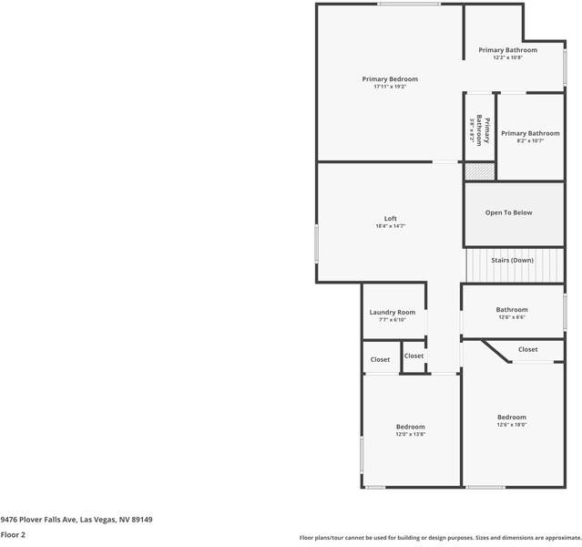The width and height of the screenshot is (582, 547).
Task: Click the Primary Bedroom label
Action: tap(390, 79)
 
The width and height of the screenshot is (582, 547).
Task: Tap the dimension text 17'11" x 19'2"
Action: tap(390, 88)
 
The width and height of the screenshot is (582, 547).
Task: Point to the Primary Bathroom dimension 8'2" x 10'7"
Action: tap(530, 141)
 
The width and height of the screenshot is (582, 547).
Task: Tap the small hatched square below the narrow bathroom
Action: tap(479, 170)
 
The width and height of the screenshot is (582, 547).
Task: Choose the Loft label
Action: tap(390, 219)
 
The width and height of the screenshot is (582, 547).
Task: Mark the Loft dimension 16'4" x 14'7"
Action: tap(390, 227)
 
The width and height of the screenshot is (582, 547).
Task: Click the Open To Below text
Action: tap(509, 213)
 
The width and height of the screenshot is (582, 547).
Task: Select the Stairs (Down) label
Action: tap(512, 261)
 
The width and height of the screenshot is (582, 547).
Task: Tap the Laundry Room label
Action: tap(393, 313)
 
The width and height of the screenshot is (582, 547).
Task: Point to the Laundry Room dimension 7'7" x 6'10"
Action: tap(393, 320)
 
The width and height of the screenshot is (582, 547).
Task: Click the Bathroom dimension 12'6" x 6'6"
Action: tap(512, 317)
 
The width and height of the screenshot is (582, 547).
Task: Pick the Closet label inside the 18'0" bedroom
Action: tap(528, 349)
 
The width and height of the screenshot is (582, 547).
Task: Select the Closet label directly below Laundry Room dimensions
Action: tap(414, 356)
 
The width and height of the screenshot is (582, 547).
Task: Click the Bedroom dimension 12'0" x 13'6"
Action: tap(410, 435)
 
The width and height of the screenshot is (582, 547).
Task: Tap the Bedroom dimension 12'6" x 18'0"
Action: tap(512, 425)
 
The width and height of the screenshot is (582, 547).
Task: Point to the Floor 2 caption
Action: tap(13, 535)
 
